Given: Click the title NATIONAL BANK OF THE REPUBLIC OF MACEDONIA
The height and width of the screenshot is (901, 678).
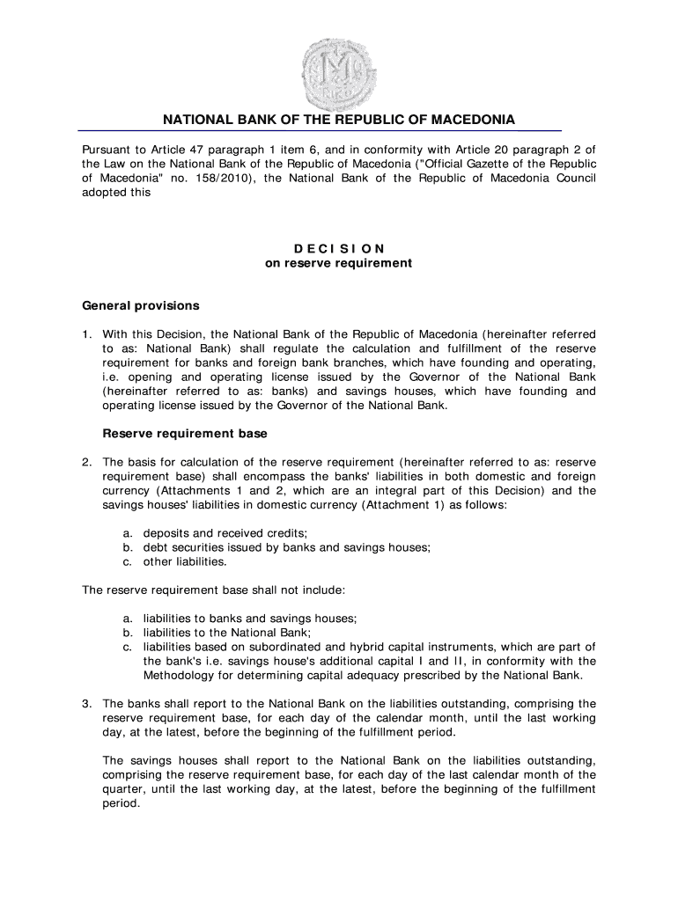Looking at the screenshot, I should point(339,120).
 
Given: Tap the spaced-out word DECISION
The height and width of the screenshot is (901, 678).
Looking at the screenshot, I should point(339,249).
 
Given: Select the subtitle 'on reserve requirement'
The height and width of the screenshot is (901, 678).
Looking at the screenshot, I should point(339,263).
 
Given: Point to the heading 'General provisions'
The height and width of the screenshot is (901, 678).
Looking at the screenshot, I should point(141,306).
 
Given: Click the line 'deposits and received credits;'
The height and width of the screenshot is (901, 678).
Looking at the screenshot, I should point(219,533).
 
